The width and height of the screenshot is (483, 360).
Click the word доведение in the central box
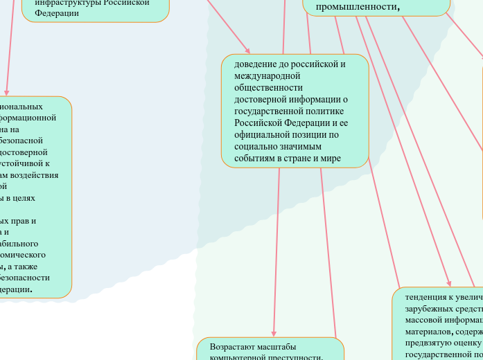click(x=254, y=64)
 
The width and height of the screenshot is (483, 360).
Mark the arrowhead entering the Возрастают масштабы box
click(x=274, y=334)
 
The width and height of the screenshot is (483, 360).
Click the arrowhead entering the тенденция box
click(x=450, y=283)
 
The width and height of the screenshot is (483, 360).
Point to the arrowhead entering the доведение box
click(x=283, y=51)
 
